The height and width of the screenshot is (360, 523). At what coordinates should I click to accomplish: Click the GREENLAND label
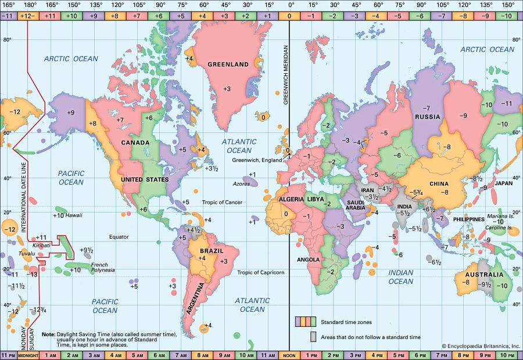[x=228, y=64]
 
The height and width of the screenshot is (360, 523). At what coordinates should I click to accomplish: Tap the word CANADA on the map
[x=135, y=142]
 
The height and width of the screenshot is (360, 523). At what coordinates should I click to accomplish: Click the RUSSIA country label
[x=427, y=117]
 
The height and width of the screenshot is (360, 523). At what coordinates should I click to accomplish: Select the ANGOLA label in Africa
[x=308, y=259]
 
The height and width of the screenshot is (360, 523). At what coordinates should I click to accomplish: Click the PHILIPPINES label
[x=469, y=219]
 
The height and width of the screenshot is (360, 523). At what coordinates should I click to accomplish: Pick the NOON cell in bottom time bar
[x=289, y=355]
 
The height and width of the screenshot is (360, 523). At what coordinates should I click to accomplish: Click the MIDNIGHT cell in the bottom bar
[x=28, y=355]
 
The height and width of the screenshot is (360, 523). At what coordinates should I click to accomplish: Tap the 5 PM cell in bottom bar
[x=399, y=355]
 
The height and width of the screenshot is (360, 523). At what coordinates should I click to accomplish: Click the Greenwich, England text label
[x=256, y=160]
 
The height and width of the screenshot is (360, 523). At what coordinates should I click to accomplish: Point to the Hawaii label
[x=73, y=215]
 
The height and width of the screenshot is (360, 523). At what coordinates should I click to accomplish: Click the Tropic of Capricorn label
[x=260, y=272]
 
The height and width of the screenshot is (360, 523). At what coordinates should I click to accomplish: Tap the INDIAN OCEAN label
[x=400, y=277]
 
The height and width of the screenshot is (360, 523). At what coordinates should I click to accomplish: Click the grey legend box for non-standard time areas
[x=313, y=336]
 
